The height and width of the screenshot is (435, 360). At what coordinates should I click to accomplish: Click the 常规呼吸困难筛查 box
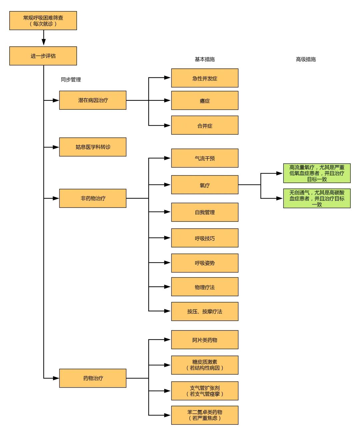[43, 21]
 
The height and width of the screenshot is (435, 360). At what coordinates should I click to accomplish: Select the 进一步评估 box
[43, 56]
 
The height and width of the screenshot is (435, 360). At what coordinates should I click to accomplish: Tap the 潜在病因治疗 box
[93, 100]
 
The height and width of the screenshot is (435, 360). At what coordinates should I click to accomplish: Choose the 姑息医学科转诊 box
[93, 147]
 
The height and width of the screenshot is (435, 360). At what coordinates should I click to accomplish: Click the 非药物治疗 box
[93, 198]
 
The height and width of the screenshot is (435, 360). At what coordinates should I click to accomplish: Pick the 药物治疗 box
[93, 378]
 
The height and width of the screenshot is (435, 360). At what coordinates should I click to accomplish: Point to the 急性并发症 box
[205, 78]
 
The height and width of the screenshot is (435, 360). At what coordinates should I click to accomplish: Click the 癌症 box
[205, 100]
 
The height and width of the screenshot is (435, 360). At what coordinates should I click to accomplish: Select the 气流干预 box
[205, 158]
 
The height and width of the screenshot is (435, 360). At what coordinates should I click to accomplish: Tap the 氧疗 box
[205, 185]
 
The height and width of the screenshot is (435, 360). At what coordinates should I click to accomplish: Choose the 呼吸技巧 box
[205, 238]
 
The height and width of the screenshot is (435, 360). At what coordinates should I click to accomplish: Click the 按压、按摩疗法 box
[205, 311]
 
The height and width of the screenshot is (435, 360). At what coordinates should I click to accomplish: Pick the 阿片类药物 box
[205, 340]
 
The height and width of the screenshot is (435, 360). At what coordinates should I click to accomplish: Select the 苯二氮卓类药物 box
[205, 415]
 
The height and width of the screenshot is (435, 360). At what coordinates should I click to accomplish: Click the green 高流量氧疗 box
[317, 173]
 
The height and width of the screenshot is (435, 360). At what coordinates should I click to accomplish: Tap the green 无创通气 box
[317, 198]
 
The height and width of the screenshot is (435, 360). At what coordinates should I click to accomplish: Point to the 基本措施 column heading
[205, 59]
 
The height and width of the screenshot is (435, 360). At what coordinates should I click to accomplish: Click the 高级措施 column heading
[306, 59]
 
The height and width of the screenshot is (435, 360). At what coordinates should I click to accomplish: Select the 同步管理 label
[71, 79]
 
